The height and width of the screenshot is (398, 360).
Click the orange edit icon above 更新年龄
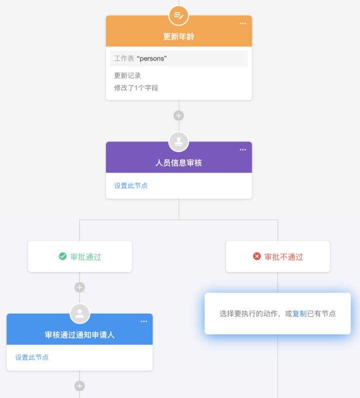[178, 16]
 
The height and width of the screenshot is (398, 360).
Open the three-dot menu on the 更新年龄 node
[243, 23]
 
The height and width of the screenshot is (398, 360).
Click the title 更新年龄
[178, 36]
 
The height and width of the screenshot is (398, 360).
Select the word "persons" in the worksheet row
[151, 58]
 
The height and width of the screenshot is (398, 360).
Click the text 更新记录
[127, 75]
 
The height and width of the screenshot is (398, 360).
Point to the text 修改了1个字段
[136, 88]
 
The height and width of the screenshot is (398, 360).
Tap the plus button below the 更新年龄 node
[178, 115]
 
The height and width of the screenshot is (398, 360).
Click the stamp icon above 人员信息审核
[178, 142]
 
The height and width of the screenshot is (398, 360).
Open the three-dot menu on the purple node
[243, 150]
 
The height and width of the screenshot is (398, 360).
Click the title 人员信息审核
[178, 163]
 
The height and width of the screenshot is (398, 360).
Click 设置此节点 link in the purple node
[131, 186]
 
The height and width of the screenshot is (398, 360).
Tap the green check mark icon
[63, 256]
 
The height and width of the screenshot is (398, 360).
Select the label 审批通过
[85, 257]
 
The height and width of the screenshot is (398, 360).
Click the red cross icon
[257, 256]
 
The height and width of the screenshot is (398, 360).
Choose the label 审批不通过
[284, 257]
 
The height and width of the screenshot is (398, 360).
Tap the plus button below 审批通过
[79, 287]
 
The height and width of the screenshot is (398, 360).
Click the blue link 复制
[299, 314]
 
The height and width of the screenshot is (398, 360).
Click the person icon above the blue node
[79, 314]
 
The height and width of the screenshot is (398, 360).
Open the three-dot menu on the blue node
[144, 322]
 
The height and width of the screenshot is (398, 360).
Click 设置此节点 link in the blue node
[32, 358]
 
